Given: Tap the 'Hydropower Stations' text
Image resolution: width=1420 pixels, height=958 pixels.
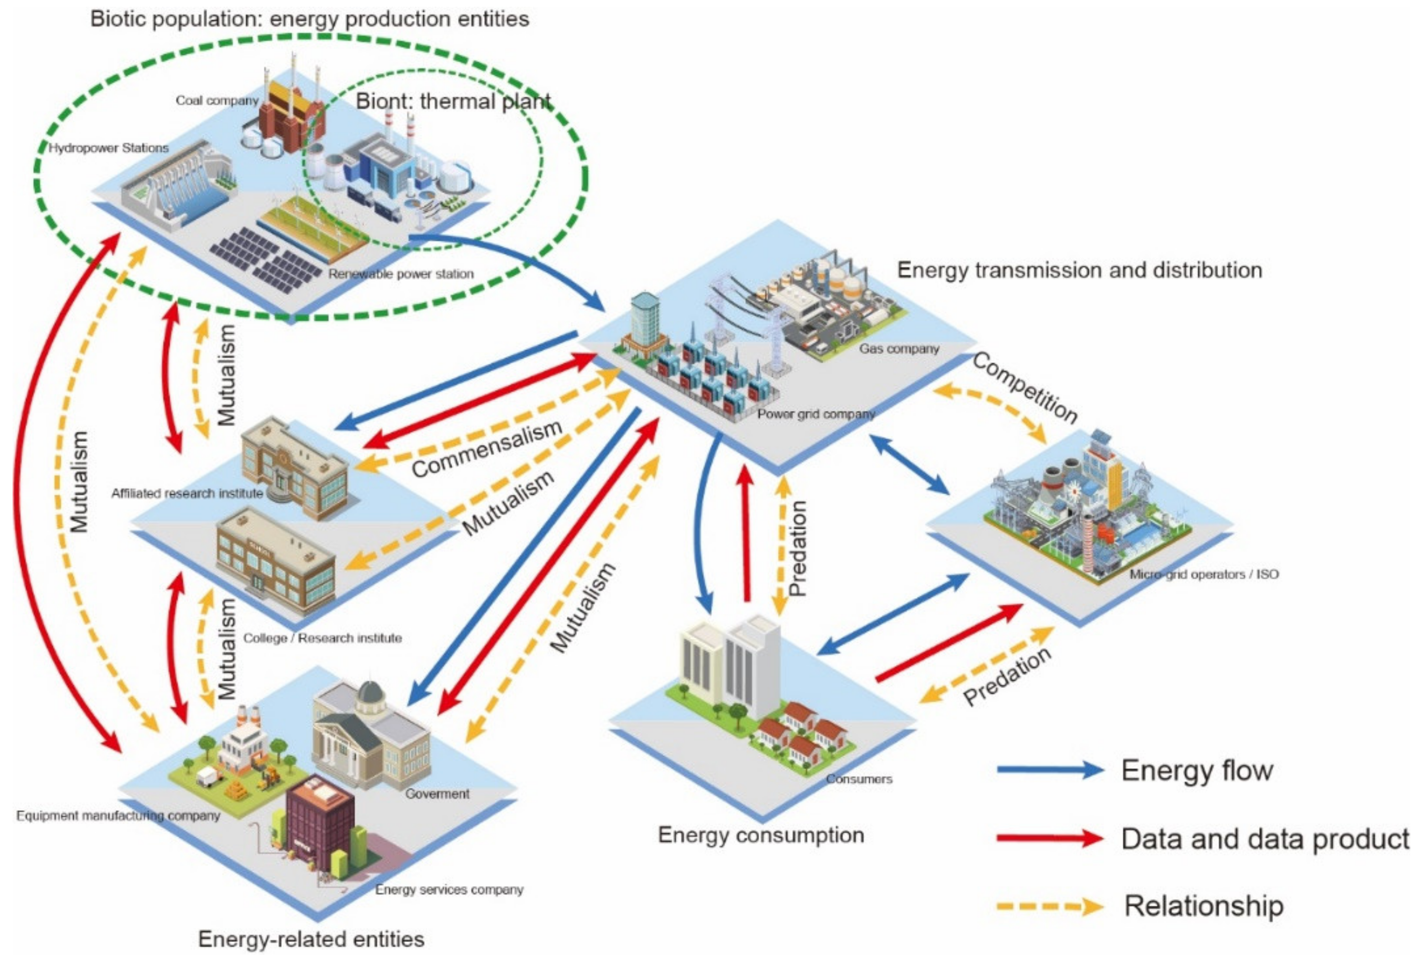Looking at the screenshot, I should pos(109,148).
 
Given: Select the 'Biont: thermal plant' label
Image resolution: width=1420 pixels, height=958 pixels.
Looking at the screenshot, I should pos(453,101).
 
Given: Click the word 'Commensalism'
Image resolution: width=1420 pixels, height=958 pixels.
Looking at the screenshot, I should pos(487,449).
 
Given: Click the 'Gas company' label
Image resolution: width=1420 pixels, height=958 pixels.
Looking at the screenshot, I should pos(899,349).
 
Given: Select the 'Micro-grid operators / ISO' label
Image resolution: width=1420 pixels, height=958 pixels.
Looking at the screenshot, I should pos(1203,574).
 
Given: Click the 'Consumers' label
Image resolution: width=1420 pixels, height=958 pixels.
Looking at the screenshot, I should pos(859,779).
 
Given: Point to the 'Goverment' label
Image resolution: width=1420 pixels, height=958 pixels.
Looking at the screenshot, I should pos(437,794).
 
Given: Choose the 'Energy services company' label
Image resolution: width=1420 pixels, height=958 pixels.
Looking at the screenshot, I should pos(449,889).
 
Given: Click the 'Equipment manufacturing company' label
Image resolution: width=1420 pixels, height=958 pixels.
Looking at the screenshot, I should pos(118,815).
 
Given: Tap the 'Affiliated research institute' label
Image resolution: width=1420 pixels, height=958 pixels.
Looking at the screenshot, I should pos(187,493).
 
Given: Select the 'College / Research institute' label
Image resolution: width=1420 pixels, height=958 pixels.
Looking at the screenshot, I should pos(323,638).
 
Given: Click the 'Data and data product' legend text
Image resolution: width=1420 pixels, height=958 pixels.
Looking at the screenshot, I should pos(1264,839).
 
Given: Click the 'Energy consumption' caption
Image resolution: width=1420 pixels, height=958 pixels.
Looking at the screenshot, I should pos(760,835).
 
